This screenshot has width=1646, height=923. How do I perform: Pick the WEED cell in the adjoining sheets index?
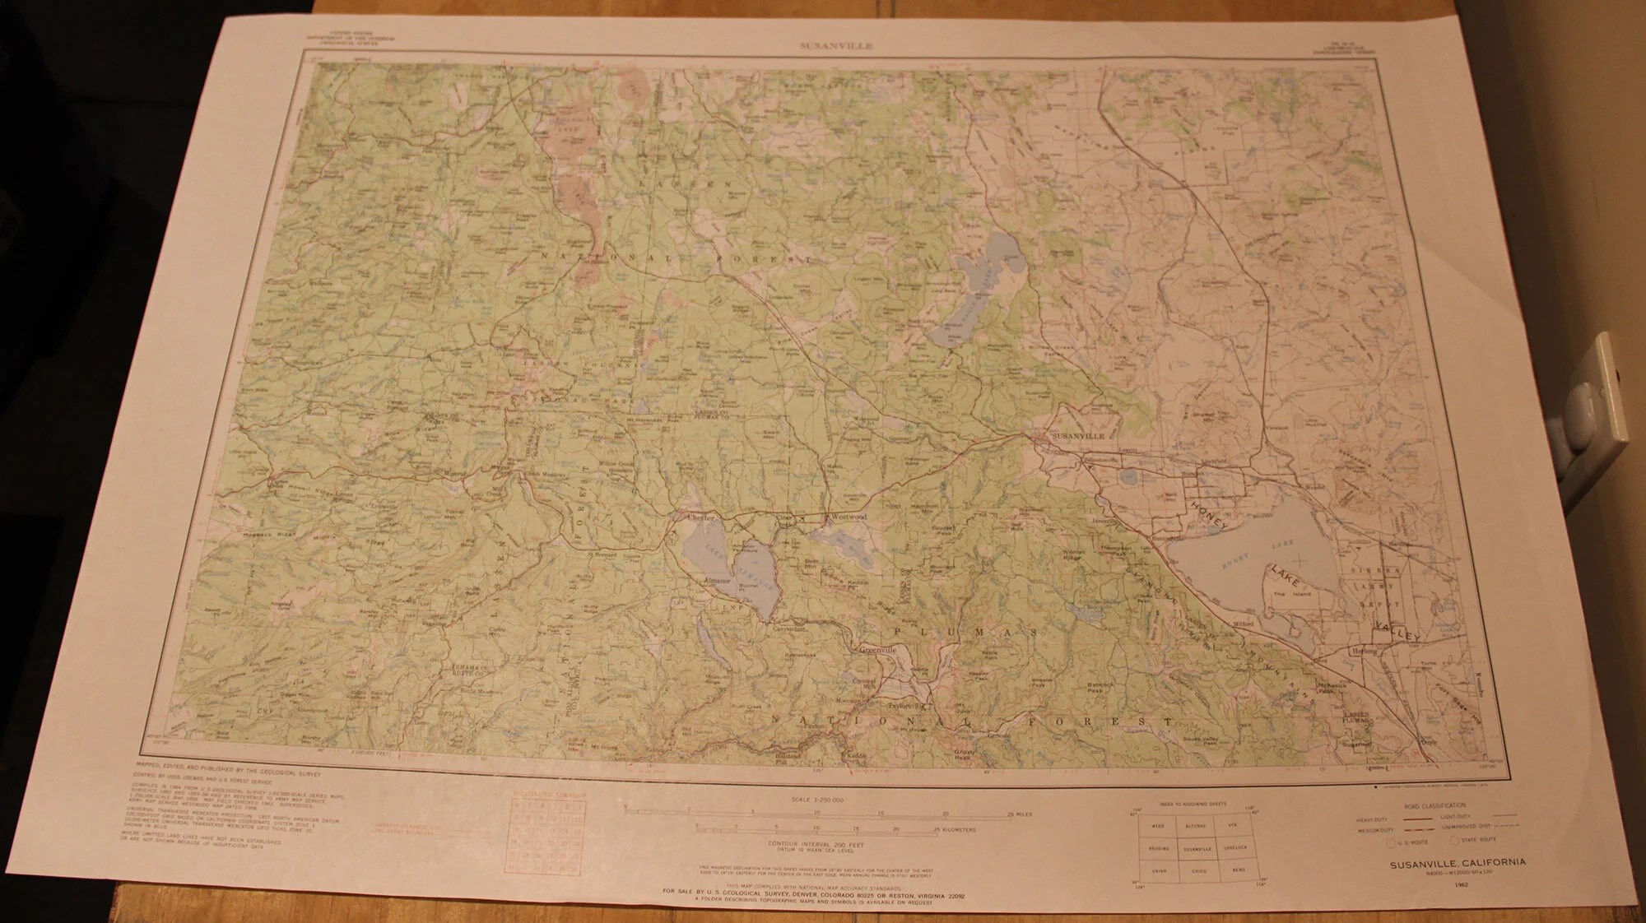click(1158, 825)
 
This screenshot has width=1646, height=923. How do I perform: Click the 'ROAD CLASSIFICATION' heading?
click(1435, 805)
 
